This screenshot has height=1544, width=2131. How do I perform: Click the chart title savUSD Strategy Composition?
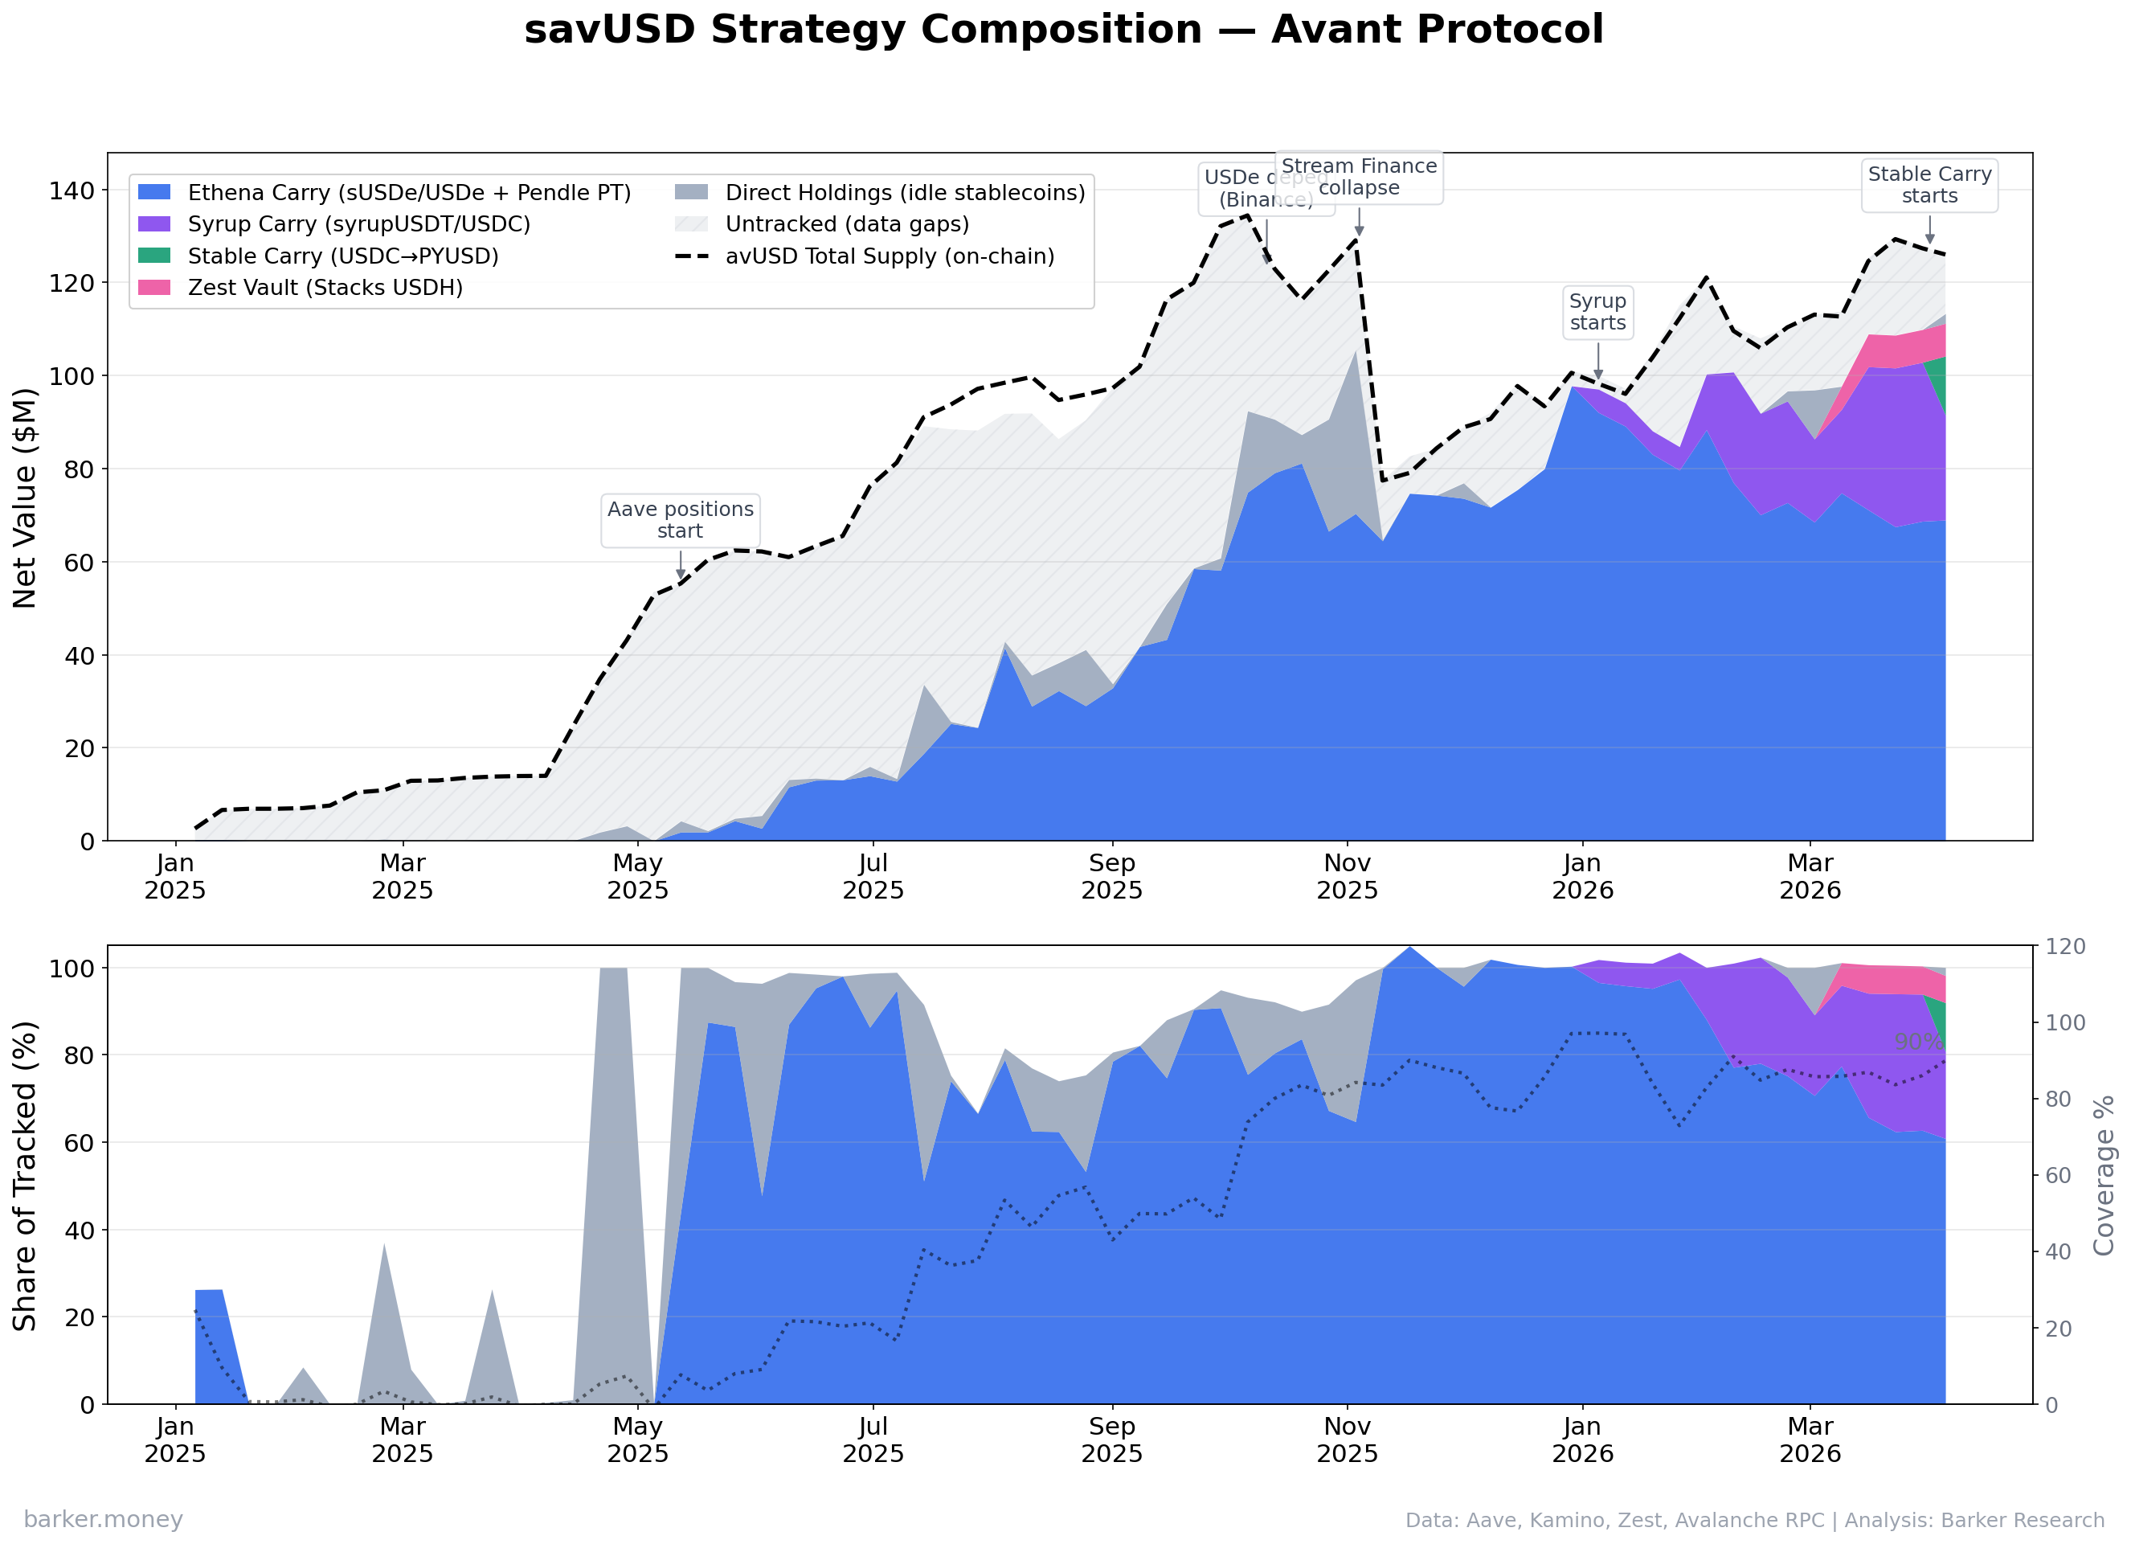tap(1064, 29)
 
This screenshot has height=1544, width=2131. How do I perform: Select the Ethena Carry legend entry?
tap(409, 193)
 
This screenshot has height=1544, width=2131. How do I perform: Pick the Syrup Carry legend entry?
tap(358, 224)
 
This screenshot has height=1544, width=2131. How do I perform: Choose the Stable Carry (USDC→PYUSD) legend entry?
tap(342, 256)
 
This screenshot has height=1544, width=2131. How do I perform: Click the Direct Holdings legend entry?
tap(904, 193)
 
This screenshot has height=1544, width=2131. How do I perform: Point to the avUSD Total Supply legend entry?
tap(889, 256)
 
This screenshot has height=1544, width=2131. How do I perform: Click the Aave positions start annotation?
tap(681, 520)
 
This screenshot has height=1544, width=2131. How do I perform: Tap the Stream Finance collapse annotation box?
tap(1359, 177)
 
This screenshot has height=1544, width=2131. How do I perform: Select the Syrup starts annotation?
tap(1597, 312)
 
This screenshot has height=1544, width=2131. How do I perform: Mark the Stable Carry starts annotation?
tap(1930, 185)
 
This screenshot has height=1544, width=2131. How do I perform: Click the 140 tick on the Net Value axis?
tap(72, 190)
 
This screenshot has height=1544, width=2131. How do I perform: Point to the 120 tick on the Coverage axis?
tap(2065, 946)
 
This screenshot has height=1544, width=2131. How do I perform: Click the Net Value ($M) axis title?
tap(26, 498)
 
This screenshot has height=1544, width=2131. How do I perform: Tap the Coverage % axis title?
tap(2104, 1175)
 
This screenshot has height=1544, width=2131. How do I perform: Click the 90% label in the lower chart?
tap(1916, 1042)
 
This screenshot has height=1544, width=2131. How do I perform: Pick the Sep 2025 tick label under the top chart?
tap(1111, 876)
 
